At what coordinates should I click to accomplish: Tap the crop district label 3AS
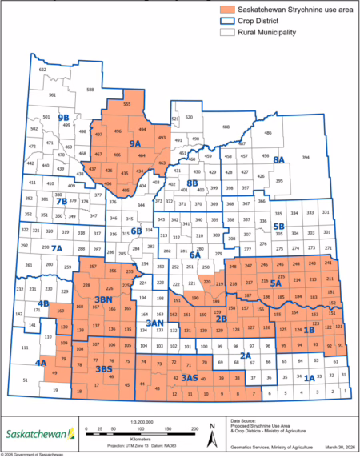(190, 377)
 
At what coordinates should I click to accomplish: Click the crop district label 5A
(277, 283)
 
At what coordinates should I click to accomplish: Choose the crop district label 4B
(43, 303)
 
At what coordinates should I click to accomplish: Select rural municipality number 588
(90, 90)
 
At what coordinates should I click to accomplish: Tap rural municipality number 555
(127, 103)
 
